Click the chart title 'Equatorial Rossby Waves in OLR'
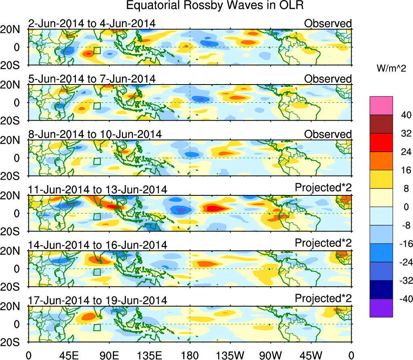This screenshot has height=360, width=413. point(214,6)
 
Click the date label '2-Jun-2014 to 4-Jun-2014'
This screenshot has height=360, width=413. point(92,24)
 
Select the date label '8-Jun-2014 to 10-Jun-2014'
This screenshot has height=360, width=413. point(95,134)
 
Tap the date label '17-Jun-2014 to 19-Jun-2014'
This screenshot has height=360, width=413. point(97,300)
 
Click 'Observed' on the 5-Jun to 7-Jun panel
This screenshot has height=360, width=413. point(328,79)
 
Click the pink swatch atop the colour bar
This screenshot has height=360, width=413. point(381,106)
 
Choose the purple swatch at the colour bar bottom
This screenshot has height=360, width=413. point(381,308)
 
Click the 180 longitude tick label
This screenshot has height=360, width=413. point(189,355)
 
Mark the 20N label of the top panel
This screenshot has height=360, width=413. point(14,29)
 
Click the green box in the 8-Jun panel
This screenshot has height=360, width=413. point(97,161)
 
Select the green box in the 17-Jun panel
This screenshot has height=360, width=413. point(97,327)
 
